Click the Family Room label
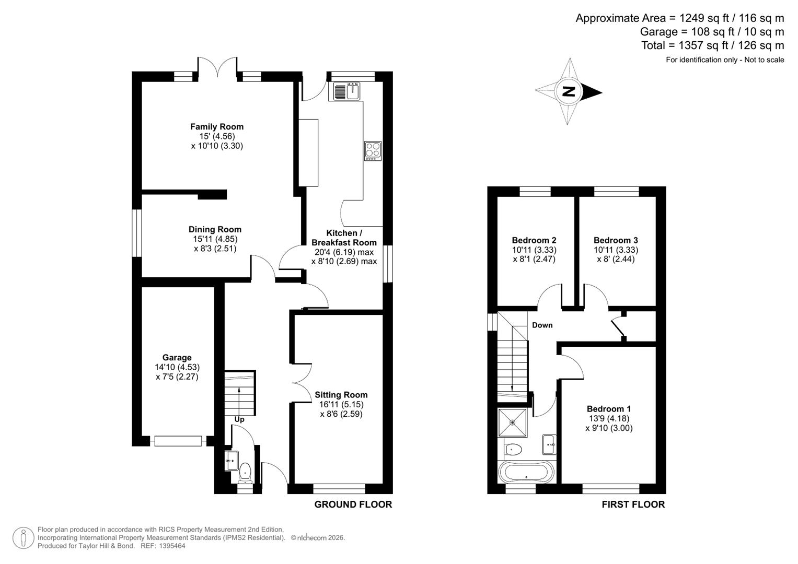click(216, 126)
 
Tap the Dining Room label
click(215, 229)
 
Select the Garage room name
click(177, 358)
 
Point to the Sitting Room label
click(341, 395)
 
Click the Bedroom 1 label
click(608, 409)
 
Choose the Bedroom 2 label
click(534, 240)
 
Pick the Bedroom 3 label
click(615, 240)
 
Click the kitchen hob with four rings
click(373, 150)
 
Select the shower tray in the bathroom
click(512, 422)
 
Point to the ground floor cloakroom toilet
click(245, 473)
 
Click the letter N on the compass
click(568, 92)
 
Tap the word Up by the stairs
click(239, 419)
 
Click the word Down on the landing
click(542, 325)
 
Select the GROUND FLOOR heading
click(353, 504)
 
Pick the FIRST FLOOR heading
click(633, 504)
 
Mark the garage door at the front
click(178, 441)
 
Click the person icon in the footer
click(24, 537)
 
